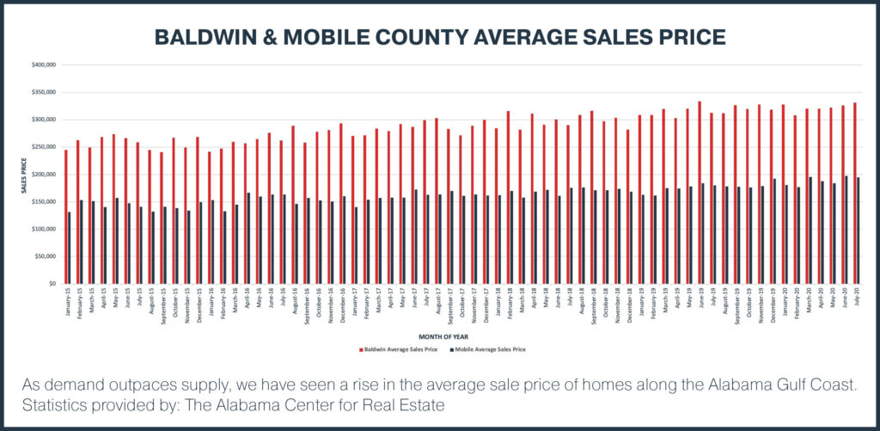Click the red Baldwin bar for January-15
(x=66, y=217)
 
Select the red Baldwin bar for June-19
(x=700, y=193)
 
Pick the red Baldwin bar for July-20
(x=855, y=194)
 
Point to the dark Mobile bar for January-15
(x=70, y=248)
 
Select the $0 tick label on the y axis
(x=52, y=284)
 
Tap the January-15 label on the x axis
(x=68, y=300)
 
